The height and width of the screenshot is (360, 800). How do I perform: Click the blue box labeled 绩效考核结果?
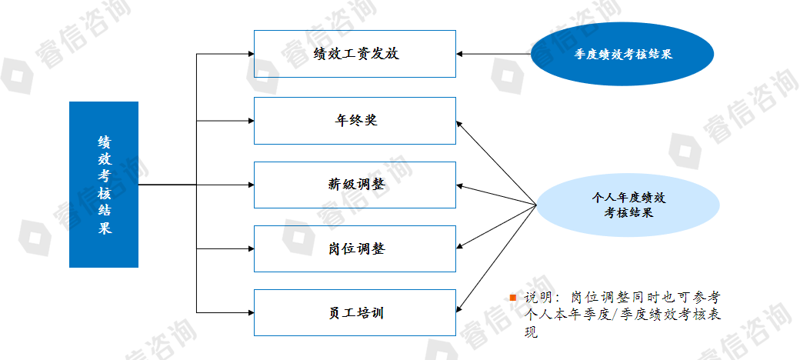click(x=104, y=185)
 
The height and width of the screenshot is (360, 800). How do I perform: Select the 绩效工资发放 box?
click(x=355, y=54)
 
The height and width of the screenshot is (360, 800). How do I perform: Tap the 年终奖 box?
click(x=355, y=121)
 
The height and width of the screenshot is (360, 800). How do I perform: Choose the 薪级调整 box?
click(x=355, y=185)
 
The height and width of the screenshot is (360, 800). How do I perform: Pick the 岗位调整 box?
click(x=355, y=248)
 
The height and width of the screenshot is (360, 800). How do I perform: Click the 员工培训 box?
click(x=355, y=312)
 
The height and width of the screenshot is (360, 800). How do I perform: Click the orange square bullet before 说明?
click(x=513, y=297)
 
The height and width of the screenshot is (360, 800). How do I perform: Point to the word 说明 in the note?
click(x=538, y=297)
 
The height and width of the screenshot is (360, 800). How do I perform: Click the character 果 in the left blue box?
click(x=104, y=229)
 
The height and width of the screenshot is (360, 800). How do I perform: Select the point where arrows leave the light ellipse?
click(x=536, y=205)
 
